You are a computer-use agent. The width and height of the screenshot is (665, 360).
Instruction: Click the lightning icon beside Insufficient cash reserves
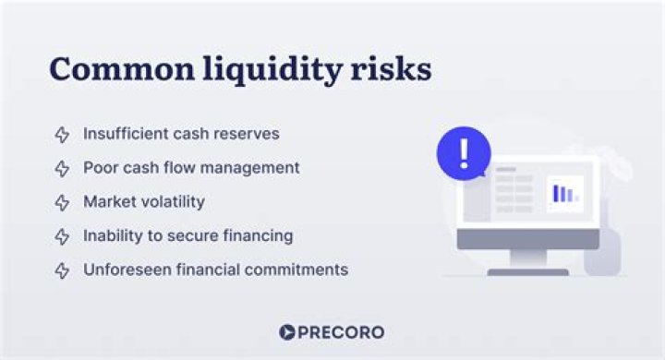[x=62, y=135]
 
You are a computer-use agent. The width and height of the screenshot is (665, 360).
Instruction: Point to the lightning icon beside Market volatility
[x=62, y=202]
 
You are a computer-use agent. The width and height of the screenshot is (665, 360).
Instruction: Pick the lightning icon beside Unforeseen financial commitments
[x=62, y=270]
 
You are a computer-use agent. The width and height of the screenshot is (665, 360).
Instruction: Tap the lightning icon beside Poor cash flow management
[x=62, y=169]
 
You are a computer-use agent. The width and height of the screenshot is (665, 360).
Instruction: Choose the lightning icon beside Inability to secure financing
[x=62, y=236]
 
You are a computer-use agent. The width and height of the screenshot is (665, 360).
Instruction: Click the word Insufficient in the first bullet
[x=125, y=134]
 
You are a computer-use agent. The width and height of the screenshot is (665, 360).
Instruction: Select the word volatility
[x=171, y=201]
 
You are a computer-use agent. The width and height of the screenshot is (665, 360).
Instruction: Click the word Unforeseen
[x=126, y=270]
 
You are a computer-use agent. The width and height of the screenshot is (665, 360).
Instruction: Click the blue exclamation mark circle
[x=464, y=152]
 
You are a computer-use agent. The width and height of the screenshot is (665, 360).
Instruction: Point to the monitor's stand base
[x=527, y=271]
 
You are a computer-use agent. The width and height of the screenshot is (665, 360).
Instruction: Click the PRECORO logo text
[x=342, y=332]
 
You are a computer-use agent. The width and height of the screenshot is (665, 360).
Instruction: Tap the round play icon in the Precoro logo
[x=286, y=332]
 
